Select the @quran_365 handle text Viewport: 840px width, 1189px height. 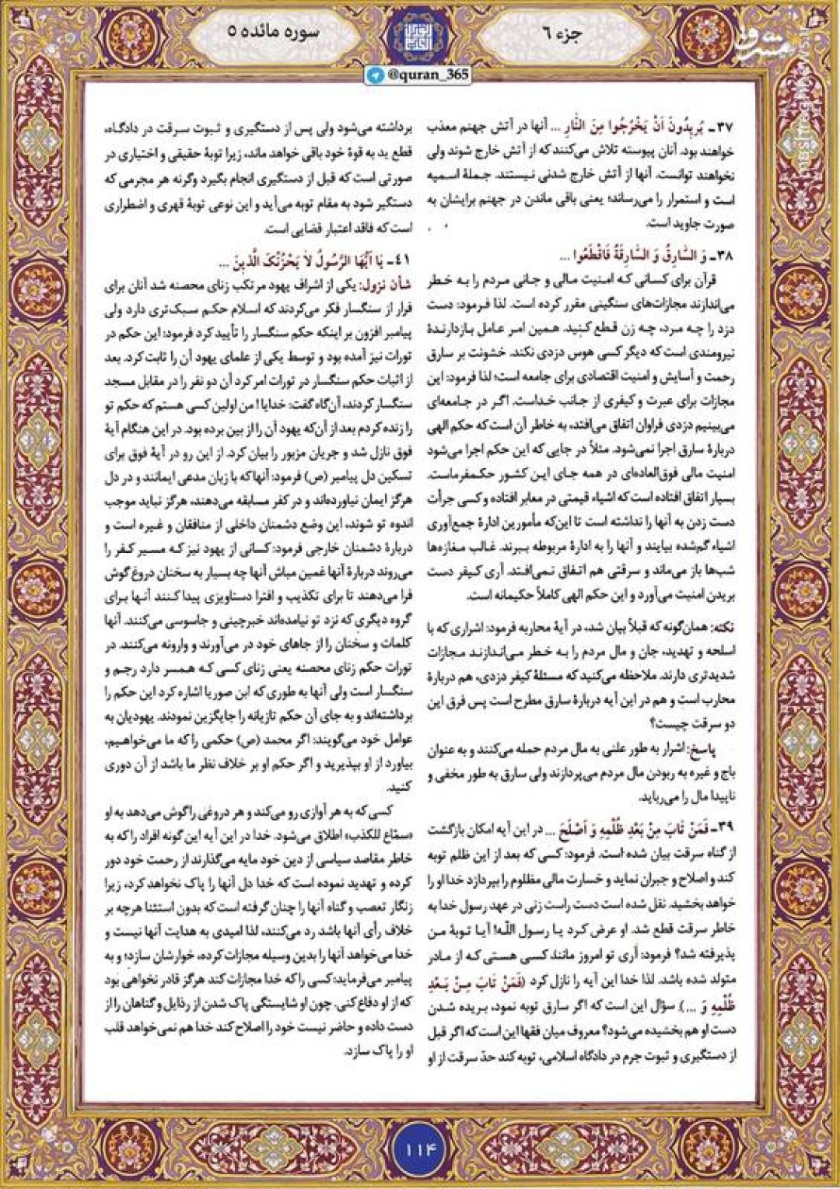pyautogui.click(x=427, y=75)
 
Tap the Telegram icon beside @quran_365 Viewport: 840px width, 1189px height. pyautogui.click(x=376, y=75)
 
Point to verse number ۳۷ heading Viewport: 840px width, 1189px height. pyautogui.click(x=721, y=127)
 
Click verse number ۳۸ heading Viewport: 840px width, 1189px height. pyautogui.click(x=721, y=255)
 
